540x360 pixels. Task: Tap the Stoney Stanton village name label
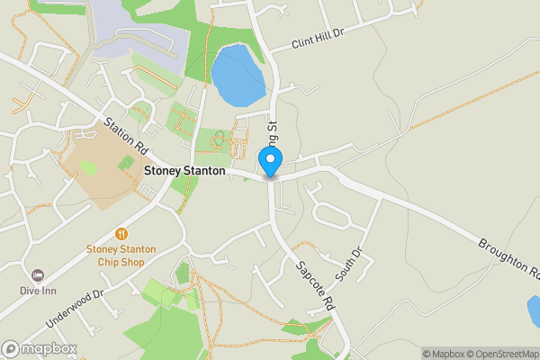click(x=184, y=169)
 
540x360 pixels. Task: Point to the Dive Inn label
click(x=38, y=291)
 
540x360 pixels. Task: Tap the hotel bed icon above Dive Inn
click(x=38, y=274)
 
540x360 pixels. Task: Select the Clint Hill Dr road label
click(x=319, y=37)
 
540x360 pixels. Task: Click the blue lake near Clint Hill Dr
click(x=238, y=74)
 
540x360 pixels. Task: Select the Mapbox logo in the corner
click(x=40, y=348)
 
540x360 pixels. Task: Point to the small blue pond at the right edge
click(x=535, y=311)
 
